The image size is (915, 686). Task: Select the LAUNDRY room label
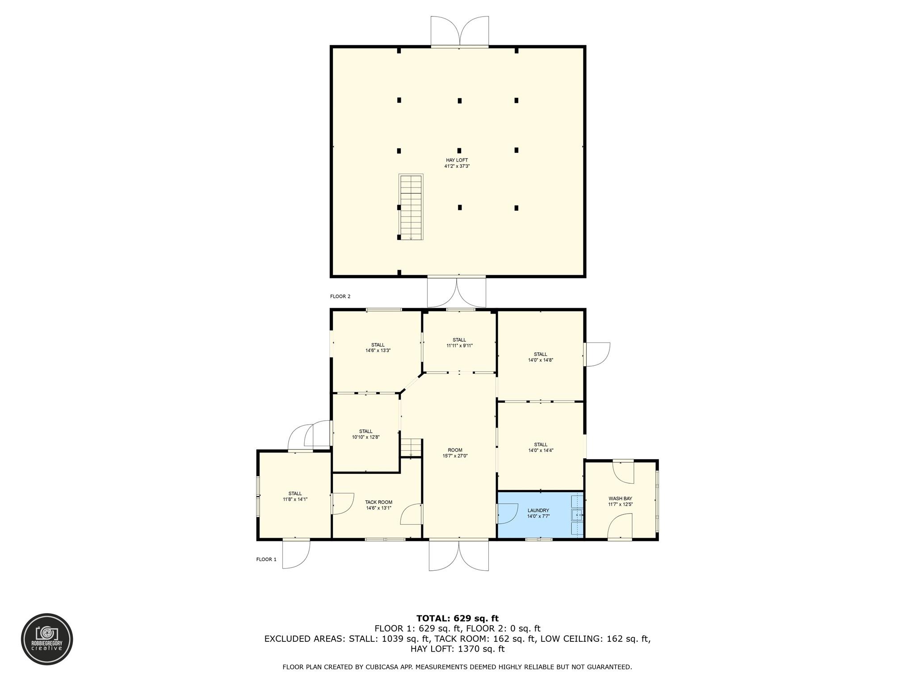click(x=538, y=510)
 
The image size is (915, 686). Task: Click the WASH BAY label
click(x=620, y=498)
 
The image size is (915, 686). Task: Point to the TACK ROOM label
click(x=378, y=502)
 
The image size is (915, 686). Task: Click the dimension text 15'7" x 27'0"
click(x=455, y=456)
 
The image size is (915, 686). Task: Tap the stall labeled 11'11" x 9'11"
click(x=459, y=343)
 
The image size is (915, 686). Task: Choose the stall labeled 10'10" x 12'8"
click(x=365, y=434)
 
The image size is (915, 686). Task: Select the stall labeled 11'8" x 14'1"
click(x=295, y=496)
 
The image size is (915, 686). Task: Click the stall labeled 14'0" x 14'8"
click(x=541, y=357)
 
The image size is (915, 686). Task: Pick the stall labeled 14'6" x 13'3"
click(x=378, y=347)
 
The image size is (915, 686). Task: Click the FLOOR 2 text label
click(x=340, y=297)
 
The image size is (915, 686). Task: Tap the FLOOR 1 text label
click(x=266, y=559)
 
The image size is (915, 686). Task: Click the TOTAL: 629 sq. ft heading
click(x=457, y=619)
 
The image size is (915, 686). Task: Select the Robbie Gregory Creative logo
click(x=47, y=639)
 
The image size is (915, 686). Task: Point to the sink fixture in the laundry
click(x=577, y=515)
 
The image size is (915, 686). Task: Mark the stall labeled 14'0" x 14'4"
click(x=541, y=448)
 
